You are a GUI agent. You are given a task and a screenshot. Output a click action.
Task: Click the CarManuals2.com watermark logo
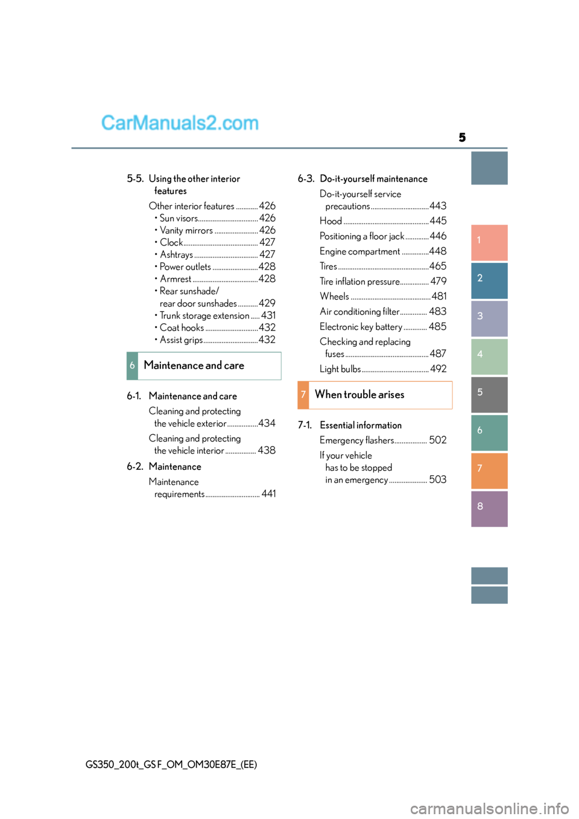tap(180, 123)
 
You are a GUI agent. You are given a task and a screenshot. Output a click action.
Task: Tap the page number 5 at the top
tap(462, 138)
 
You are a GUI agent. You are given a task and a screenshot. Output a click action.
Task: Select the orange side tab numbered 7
tap(489, 470)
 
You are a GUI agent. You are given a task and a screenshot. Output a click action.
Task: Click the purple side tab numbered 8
tap(489, 508)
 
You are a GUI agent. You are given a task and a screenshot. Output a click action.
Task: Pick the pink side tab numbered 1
tap(489, 242)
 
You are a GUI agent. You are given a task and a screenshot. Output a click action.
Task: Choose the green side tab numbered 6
tap(489, 432)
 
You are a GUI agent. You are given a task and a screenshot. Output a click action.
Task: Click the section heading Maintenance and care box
tap(204, 366)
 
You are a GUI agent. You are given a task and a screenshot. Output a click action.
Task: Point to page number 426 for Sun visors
tap(267, 218)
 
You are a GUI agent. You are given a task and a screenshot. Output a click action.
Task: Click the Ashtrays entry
tap(177, 255)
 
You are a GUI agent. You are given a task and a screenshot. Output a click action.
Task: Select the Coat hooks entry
tap(182, 327)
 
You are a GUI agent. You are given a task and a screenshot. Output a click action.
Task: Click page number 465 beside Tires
tap(438, 266)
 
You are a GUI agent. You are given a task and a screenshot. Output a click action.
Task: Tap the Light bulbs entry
tap(340, 369)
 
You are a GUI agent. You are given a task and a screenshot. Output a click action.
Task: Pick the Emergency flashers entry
tap(356, 440)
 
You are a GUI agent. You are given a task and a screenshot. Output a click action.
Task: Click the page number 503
tap(438, 479)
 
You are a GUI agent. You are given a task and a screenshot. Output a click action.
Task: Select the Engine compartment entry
tap(360, 251)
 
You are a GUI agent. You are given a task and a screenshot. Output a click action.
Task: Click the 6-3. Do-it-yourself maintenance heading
tap(362, 179)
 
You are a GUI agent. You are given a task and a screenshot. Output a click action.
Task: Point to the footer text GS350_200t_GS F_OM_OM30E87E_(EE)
tap(171, 765)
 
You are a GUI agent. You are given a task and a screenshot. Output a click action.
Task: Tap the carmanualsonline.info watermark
tap(489, 808)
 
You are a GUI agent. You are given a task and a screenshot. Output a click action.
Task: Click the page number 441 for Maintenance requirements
tap(269, 494)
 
